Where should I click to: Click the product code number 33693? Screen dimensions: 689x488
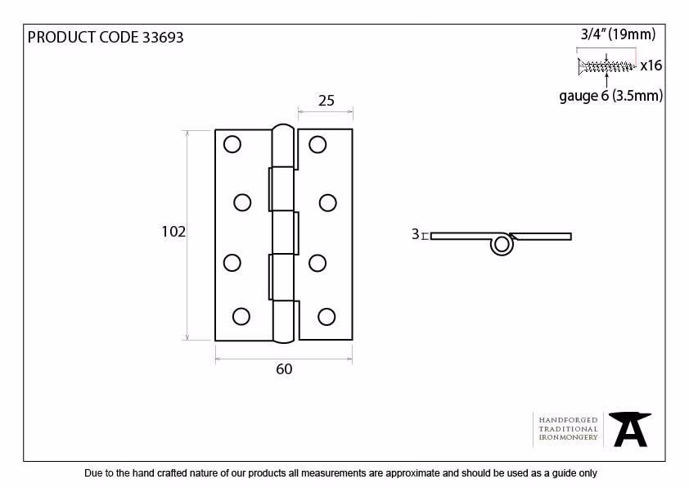point(163,38)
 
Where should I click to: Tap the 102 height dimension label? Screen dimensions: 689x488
point(173,232)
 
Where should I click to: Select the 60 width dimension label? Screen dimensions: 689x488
point(284,368)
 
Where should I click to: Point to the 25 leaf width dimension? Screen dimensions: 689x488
point(326,101)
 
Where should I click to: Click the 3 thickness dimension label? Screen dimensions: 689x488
point(415,234)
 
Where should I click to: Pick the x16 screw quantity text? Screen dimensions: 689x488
point(651,66)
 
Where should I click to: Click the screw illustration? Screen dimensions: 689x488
point(606,67)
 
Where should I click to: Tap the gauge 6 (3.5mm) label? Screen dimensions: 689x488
point(610,96)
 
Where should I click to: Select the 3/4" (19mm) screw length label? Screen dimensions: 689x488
point(619,34)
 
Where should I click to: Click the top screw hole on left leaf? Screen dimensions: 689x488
point(232,144)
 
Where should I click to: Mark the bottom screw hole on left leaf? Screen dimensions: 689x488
point(241,316)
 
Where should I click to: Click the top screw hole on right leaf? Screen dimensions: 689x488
point(317,144)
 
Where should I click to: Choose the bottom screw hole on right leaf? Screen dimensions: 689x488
point(326,317)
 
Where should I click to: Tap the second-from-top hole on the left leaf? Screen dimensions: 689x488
point(242,203)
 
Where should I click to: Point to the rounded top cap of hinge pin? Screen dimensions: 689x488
point(283,129)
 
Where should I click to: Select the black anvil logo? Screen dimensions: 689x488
point(630,429)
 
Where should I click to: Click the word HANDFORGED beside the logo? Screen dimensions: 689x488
point(568,420)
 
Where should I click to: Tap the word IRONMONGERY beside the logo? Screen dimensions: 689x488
point(568,437)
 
